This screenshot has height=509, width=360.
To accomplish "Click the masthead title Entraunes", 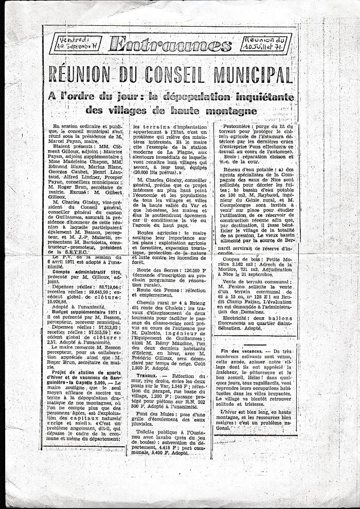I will pyautogui.click(x=171, y=45).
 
